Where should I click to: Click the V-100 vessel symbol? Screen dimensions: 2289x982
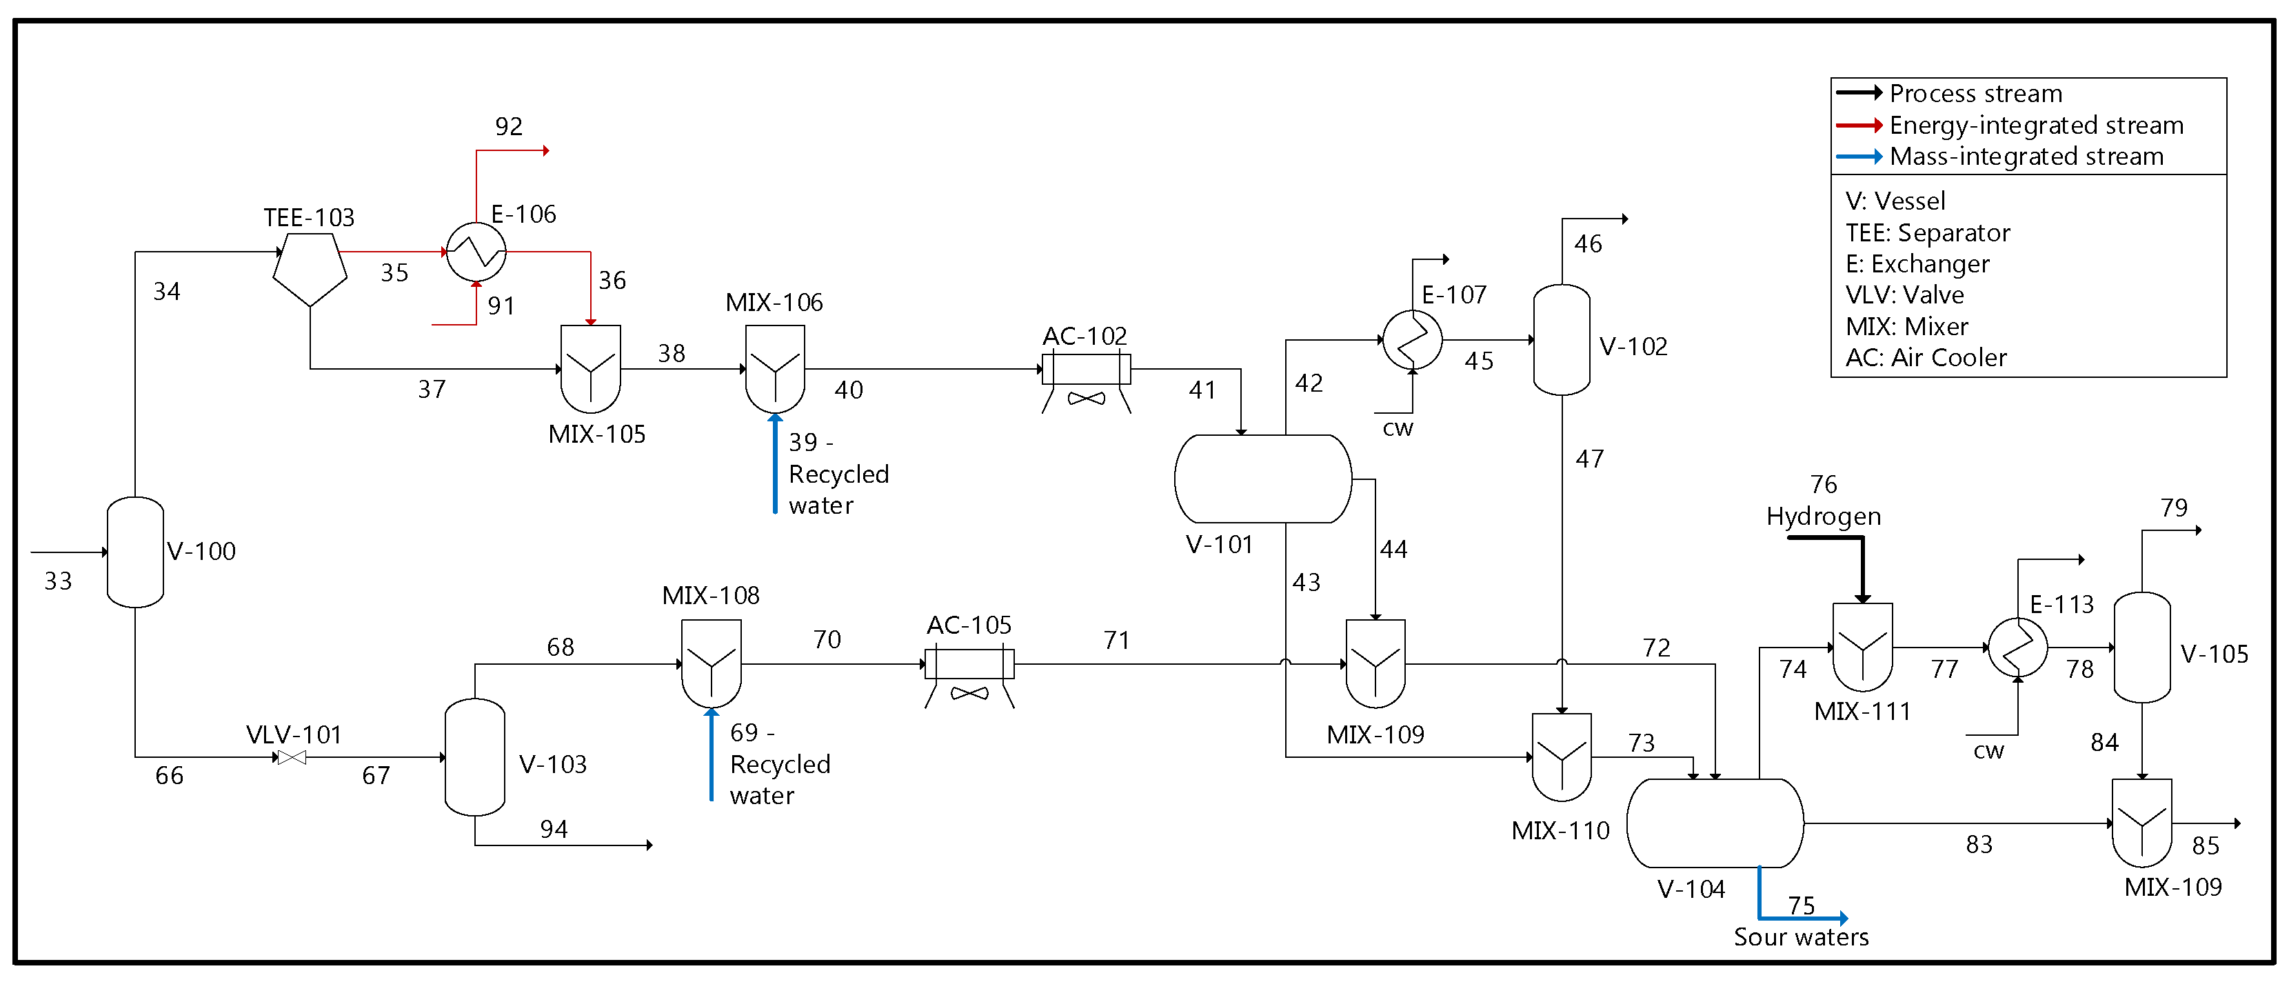[x=135, y=552]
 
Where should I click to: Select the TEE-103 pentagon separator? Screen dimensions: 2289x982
[x=310, y=269]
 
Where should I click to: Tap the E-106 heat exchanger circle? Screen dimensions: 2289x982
[x=476, y=252]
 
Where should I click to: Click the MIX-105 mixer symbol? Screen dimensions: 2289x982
[x=591, y=369]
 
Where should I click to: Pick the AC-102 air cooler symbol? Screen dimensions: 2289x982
[x=1086, y=382]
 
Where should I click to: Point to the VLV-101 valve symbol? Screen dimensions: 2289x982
[x=292, y=757]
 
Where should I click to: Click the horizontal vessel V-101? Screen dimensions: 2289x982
[x=1262, y=479]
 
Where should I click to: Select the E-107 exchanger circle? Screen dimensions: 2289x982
[x=1412, y=339]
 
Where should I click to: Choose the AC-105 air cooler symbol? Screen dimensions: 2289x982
[x=969, y=677]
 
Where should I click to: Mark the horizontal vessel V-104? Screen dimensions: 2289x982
[x=1715, y=823]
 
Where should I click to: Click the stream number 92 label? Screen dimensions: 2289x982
[x=509, y=126]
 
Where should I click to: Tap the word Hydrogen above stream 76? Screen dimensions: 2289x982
[x=1824, y=517]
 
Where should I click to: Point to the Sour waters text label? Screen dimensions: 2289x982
[x=1801, y=936]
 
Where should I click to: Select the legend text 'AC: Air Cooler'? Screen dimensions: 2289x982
[x=1926, y=357]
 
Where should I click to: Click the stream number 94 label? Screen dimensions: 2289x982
[x=554, y=829]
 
